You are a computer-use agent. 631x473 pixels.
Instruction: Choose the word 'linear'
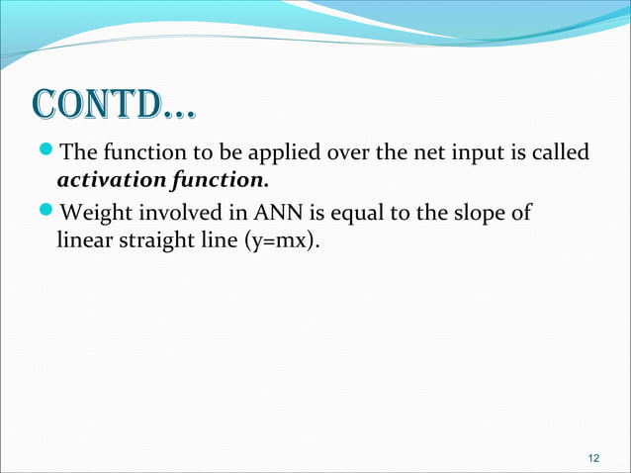(x=82, y=241)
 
